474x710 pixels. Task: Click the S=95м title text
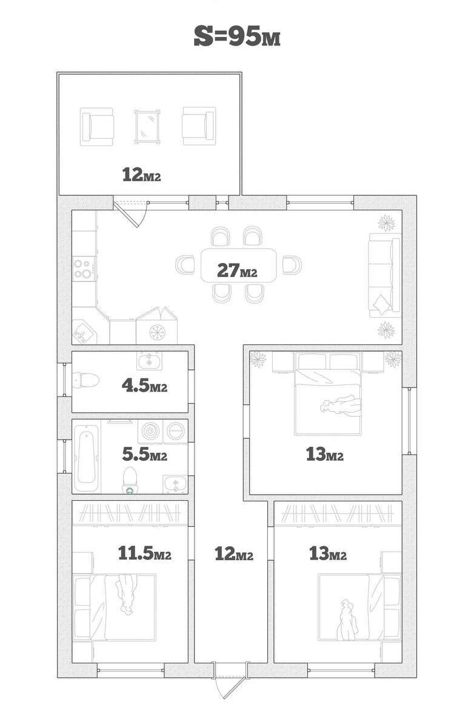(x=237, y=36)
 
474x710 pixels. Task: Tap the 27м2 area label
(x=237, y=270)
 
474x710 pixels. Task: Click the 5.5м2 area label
(x=144, y=454)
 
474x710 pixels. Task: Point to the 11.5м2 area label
(x=144, y=553)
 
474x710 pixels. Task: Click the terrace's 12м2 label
(x=141, y=175)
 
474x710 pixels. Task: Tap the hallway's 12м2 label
(x=233, y=554)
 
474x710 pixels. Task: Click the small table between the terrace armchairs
(x=148, y=126)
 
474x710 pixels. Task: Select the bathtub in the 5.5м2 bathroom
(x=87, y=457)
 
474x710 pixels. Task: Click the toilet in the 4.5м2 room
(x=85, y=380)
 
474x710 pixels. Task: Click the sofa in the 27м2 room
(x=385, y=275)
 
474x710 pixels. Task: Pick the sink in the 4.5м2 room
(x=149, y=361)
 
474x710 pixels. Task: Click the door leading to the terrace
(x=130, y=213)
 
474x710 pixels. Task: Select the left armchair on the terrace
(x=97, y=126)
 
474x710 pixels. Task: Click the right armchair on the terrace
(x=199, y=126)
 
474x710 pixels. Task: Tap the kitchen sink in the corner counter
(x=84, y=332)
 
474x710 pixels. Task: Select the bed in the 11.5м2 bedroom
(x=115, y=607)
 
